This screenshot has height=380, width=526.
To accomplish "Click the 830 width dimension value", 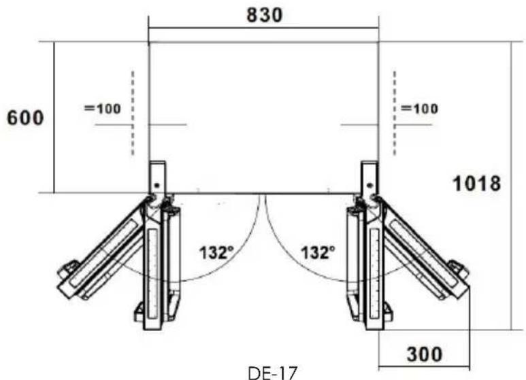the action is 264,15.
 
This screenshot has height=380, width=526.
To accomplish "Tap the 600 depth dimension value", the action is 25,118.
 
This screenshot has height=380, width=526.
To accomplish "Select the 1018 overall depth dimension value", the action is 477,184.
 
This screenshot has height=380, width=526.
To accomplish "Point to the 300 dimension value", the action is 424,354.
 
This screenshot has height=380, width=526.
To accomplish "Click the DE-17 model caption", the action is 272,373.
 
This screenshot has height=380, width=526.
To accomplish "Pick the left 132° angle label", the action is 216,253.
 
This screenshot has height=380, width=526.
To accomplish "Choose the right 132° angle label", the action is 318,253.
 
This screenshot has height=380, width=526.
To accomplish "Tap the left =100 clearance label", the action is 102,109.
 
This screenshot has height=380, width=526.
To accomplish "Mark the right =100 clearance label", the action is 419,109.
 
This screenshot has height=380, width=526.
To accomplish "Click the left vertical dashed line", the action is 133,114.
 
